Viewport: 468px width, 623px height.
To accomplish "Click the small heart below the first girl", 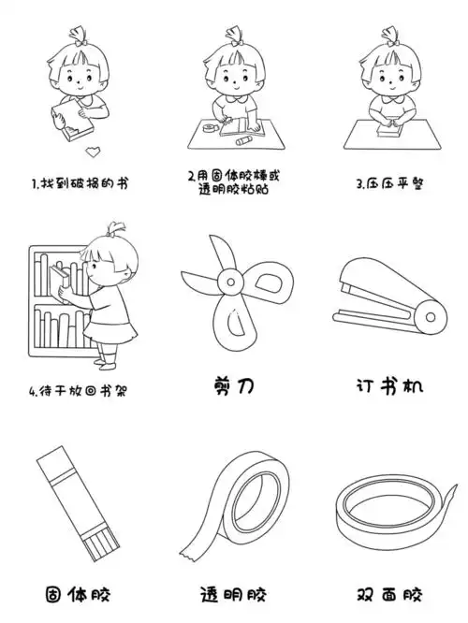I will click(x=90, y=150).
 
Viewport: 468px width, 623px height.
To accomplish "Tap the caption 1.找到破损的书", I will click(x=79, y=183).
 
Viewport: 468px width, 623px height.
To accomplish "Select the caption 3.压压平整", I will click(x=390, y=183).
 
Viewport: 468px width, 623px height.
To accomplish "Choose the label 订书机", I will click(x=390, y=385).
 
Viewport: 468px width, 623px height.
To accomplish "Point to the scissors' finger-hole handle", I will click(x=264, y=280).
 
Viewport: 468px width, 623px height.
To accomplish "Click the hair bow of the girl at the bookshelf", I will click(x=116, y=227).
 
